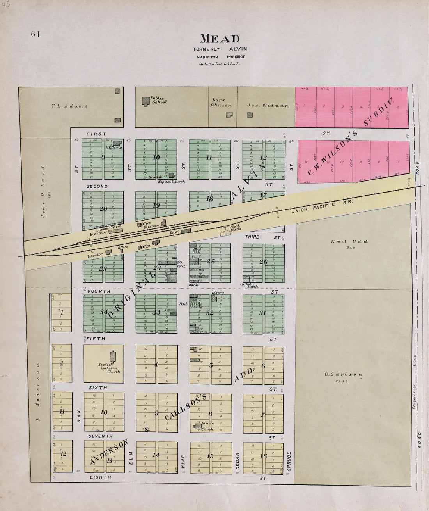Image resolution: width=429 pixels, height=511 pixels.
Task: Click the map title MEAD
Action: pos(220,39)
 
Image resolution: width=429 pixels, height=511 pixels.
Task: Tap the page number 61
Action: pos(36,34)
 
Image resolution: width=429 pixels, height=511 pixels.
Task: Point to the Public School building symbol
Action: pos(145,100)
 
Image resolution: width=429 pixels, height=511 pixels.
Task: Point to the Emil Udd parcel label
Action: pos(344,242)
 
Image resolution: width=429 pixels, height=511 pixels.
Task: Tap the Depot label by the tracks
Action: pos(174,232)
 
